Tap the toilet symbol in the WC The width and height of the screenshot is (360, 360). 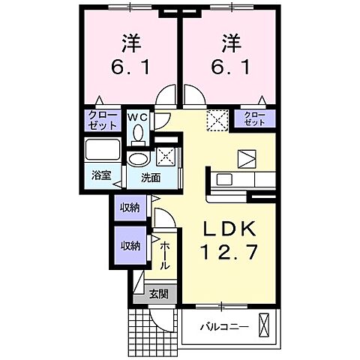point(137,133)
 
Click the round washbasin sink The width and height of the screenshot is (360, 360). point(137,159)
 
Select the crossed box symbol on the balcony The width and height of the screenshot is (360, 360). point(263,325)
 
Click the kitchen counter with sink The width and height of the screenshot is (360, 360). point(232,180)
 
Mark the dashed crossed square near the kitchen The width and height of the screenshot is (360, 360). point(217,119)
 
